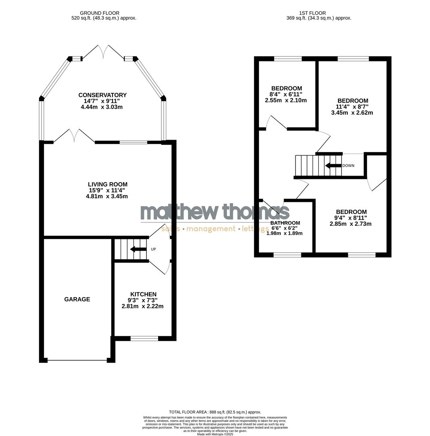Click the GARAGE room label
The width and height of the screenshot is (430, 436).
77,299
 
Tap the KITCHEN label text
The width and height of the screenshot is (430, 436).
143,294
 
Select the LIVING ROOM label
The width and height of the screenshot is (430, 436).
107,184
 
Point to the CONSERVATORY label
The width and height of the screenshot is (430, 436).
102,95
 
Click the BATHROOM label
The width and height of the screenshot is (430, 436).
285,223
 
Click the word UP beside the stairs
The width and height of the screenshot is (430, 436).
153,249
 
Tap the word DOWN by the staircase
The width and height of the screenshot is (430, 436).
348,166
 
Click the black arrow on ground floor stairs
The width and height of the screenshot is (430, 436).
138,249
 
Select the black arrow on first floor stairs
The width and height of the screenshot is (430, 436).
333,166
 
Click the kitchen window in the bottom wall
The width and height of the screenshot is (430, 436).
144,338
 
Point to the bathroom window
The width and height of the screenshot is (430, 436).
287,255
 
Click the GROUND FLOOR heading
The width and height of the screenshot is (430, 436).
100,13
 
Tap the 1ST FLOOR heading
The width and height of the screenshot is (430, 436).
313,13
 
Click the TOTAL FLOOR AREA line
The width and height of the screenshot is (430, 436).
215,412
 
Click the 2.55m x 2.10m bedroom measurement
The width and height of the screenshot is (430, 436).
286,100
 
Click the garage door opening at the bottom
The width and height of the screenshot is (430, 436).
77,360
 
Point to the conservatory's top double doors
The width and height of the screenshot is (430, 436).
103,52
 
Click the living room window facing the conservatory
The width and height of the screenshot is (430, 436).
134,142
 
